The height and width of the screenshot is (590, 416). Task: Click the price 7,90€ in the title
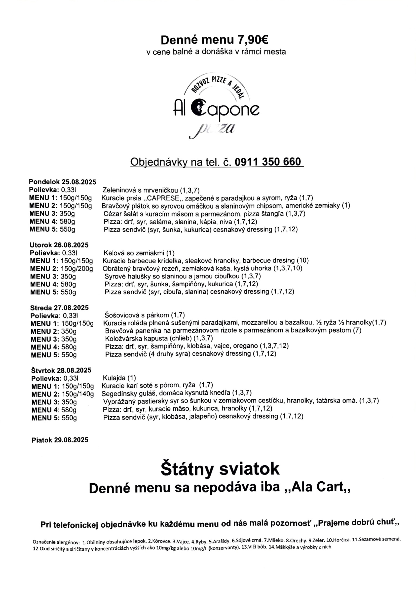252,40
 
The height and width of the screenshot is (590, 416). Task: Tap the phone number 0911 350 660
268,162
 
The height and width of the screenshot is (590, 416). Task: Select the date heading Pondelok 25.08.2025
62,182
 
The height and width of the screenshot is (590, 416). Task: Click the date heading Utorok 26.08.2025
59,245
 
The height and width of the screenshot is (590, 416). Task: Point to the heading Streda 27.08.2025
60,307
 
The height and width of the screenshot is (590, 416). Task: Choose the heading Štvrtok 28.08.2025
61,370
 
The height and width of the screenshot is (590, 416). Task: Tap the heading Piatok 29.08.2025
60,440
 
